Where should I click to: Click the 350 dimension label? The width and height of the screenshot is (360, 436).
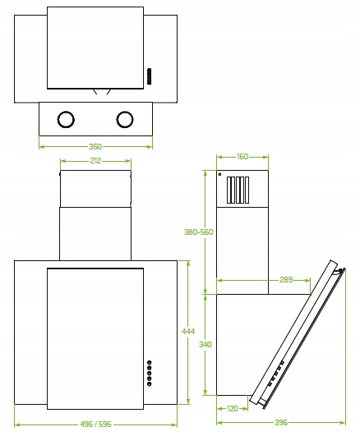pos(95,146)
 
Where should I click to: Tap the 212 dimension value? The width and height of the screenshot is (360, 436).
pos(95,161)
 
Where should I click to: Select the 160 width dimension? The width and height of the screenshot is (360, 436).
pos(242,157)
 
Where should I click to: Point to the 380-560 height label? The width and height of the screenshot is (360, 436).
pos(199,232)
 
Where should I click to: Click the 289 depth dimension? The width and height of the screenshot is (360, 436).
pos(286,279)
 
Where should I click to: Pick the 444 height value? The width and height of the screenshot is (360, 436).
pos(188,331)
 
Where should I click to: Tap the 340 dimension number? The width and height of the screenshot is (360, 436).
pos(205,345)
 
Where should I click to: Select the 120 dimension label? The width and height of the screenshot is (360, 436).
pos(233,408)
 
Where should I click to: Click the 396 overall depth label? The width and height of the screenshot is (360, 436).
pos(281,422)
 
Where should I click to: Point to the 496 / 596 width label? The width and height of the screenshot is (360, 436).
pos(95,424)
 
